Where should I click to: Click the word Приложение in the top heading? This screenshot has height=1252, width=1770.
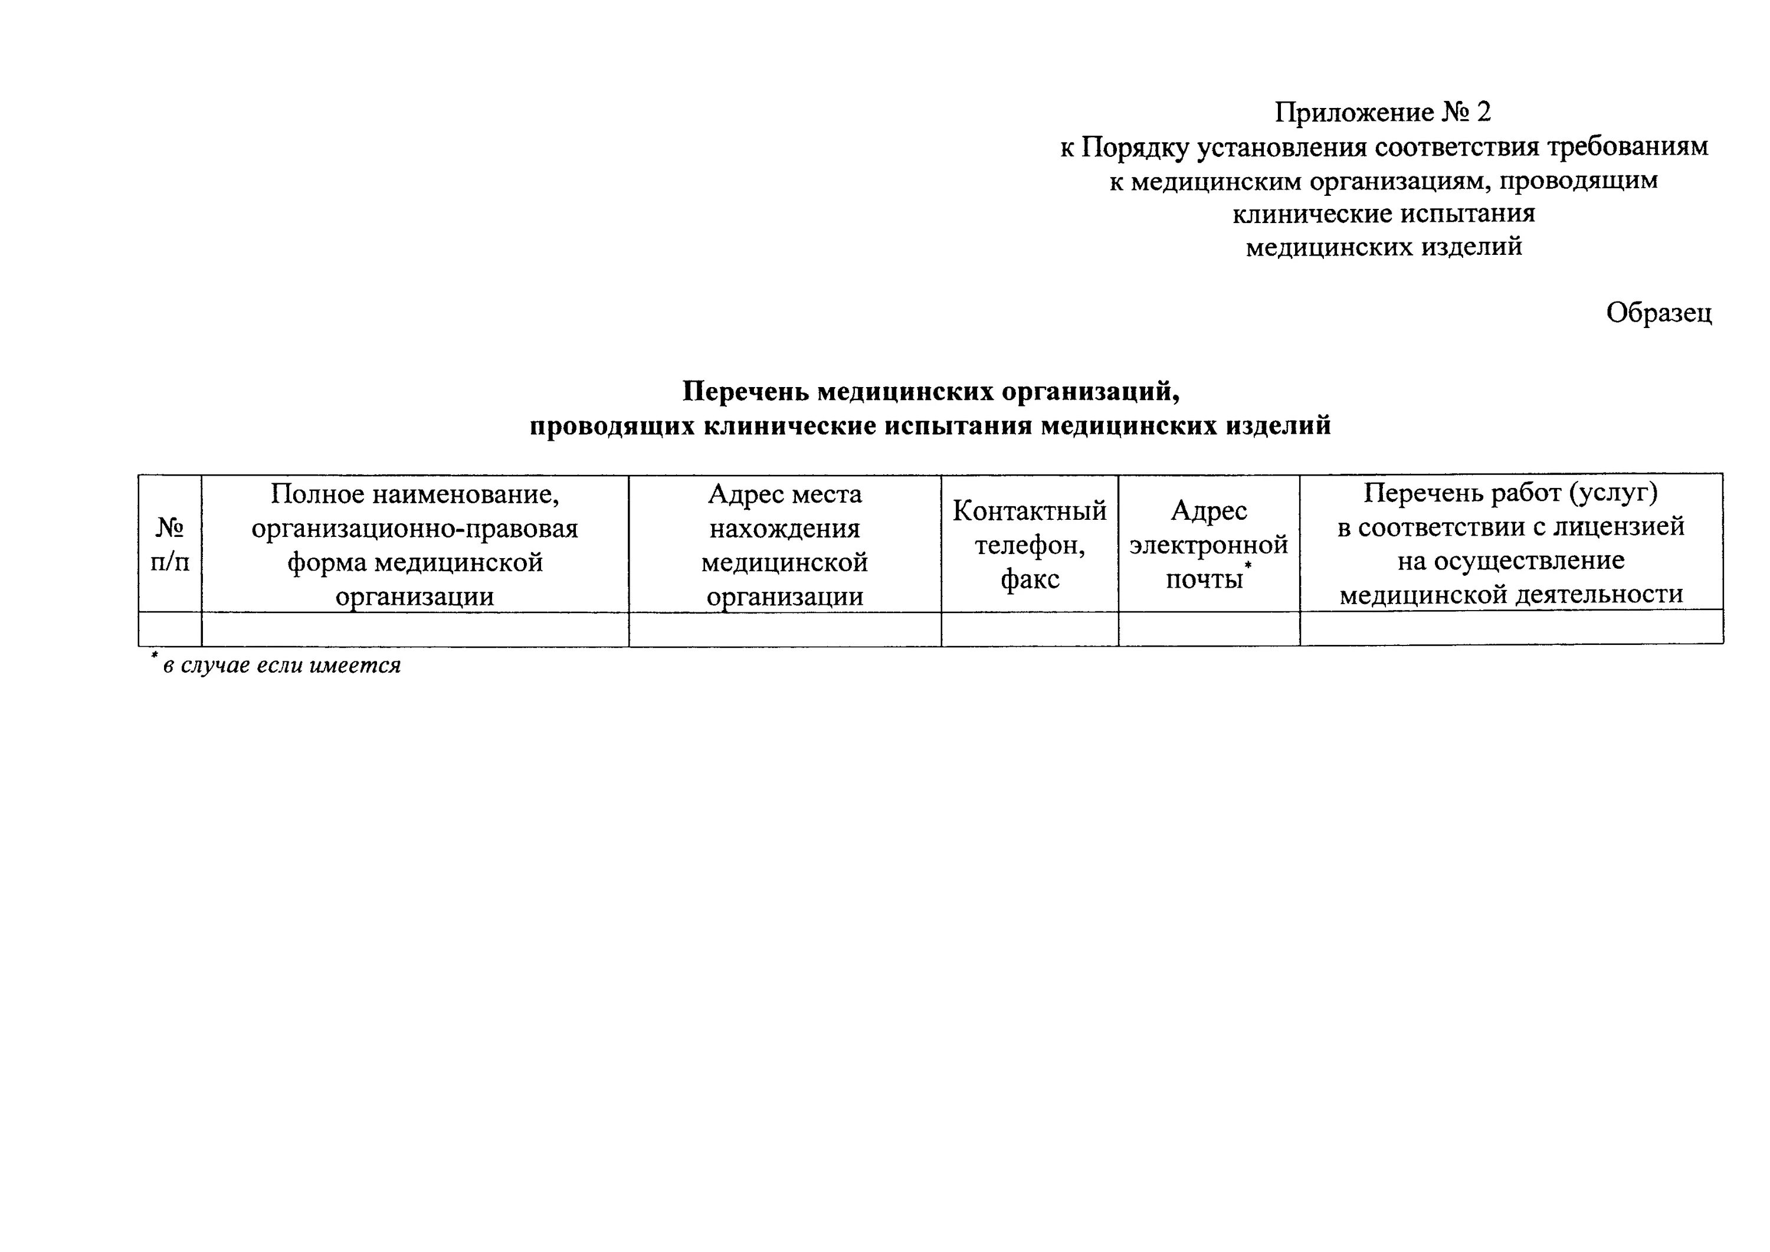[1353, 113]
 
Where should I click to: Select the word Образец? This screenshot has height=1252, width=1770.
[1659, 313]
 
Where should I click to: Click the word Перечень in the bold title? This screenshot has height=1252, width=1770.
[745, 392]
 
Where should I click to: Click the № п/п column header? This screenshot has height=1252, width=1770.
[169, 544]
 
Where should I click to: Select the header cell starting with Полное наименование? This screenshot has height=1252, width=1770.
[415, 544]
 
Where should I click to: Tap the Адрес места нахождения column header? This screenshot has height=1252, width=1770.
[785, 544]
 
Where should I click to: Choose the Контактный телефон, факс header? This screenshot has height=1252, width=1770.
[1029, 544]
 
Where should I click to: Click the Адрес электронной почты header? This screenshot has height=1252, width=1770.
[1208, 544]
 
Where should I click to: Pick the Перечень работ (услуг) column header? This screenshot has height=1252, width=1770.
[1511, 543]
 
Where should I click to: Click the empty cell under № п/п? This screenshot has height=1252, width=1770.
[169, 629]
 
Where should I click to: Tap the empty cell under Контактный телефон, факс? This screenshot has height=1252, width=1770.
[1029, 629]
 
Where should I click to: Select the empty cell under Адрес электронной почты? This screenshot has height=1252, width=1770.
[1208, 629]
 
